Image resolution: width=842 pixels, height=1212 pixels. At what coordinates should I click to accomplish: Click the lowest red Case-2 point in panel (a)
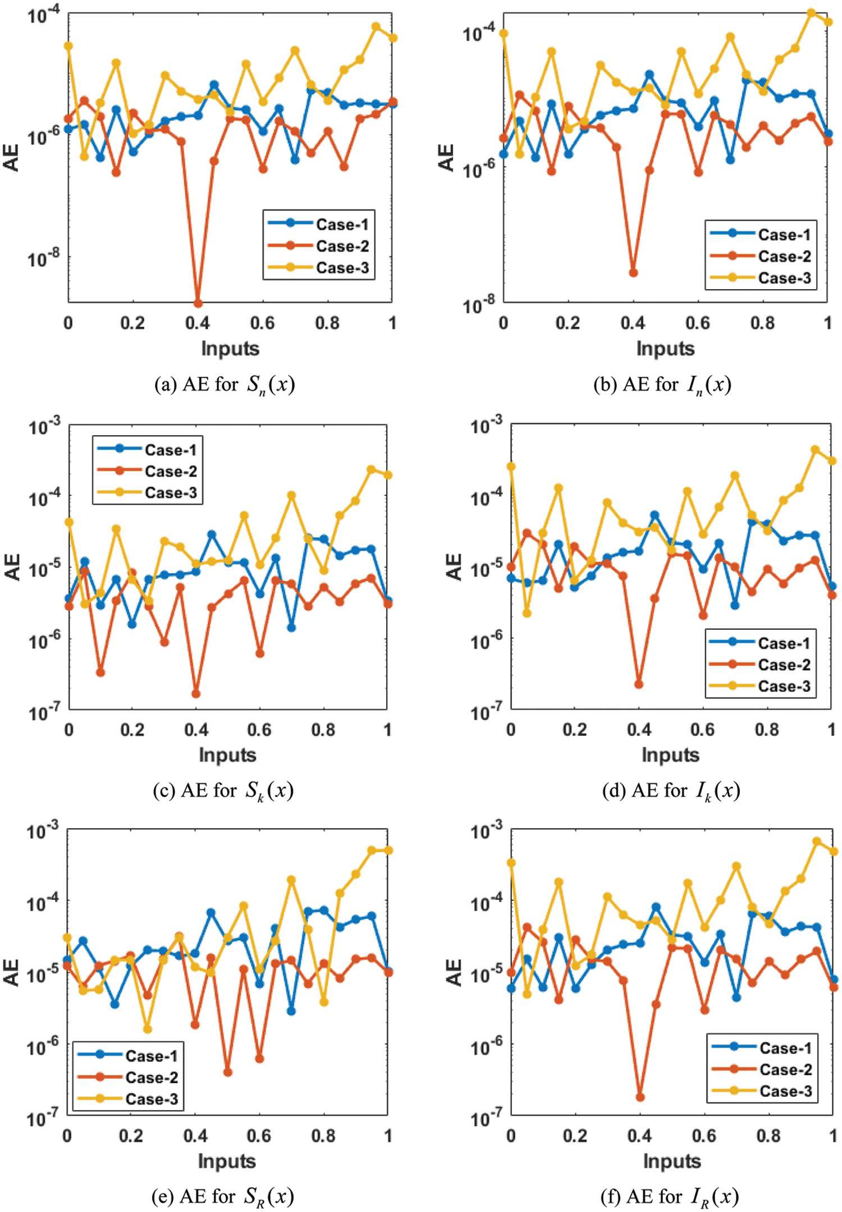(198, 303)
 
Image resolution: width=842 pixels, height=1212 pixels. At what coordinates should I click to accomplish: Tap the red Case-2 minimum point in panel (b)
(633, 273)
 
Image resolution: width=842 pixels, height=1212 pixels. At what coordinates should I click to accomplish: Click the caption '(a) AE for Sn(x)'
(225, 385)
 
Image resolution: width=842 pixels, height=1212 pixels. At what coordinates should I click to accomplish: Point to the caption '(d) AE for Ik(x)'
(671, 791)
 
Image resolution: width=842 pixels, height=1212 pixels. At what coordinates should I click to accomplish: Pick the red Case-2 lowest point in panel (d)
(639, 684)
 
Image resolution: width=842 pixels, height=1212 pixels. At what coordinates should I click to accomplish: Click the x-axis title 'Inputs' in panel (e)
(227, 1161)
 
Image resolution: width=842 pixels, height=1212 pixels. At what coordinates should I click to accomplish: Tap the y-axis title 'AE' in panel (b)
(446, 158)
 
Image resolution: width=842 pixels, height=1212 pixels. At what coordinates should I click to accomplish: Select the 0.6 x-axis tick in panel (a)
(263, 323)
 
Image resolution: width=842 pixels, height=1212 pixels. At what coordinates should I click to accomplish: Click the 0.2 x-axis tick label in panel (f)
(575, 1136)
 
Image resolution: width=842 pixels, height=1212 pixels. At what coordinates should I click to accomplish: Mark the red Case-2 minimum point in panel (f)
(640, 1097)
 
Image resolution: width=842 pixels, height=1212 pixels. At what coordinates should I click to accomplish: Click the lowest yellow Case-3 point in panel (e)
(148, 1029)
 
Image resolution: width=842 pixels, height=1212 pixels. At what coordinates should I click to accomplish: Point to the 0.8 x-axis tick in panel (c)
(323, 730)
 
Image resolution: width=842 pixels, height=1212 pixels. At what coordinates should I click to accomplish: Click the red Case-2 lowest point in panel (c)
(196, 694)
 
